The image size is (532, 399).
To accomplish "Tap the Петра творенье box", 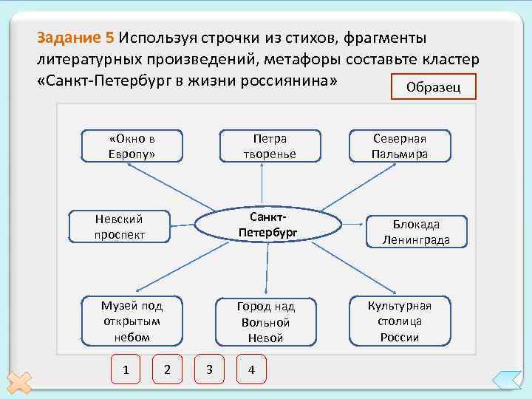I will coord(269,146).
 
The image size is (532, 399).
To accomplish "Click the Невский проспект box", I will coord(119,227).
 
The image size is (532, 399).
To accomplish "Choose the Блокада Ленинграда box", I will coord(415,232).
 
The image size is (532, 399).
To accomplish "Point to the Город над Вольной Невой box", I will coord(265,322).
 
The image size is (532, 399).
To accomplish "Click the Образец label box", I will coord(434,86).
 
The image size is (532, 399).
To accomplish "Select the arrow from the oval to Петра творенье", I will coord(267,185).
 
